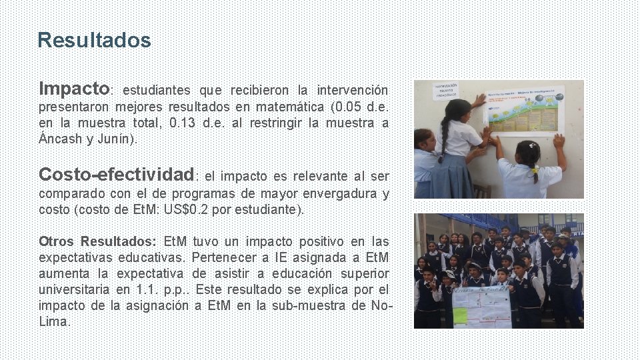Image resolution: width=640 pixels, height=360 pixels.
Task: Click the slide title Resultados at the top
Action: point(94,41)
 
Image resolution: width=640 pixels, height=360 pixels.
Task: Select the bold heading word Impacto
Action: point(74,89)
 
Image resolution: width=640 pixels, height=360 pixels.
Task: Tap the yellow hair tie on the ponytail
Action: point(535,169)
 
